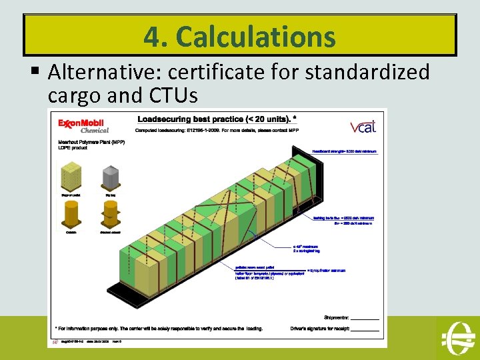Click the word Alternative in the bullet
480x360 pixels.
tap(115, 71)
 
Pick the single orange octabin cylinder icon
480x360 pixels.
tap(70, 217)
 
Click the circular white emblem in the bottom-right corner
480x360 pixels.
tap(457, 337)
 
